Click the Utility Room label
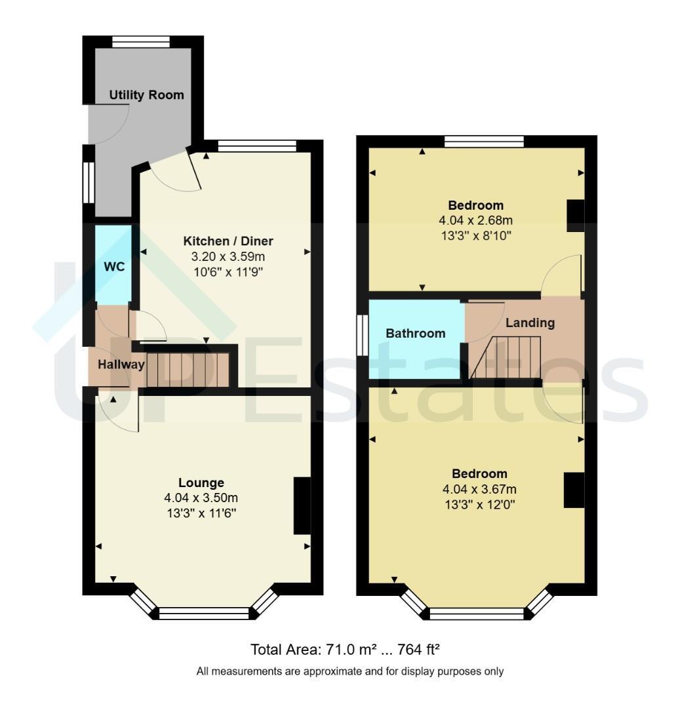[147, 95]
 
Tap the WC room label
[114, 267]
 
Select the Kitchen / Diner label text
[228, 241]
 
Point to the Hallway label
[121, 364]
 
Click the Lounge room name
[201, 482]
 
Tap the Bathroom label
[416, 333]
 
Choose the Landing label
[530, 323]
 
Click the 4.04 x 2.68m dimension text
[475, 220]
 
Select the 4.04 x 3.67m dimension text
[479, 489]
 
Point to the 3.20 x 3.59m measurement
[228, 257]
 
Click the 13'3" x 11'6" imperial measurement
[201, 513]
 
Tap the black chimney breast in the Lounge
[302, 505]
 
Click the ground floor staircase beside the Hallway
[188, 369]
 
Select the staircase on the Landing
[506, 357]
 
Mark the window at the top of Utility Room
[142, 42]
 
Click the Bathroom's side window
[362, 334]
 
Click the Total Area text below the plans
[345, 650]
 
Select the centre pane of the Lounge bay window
[204, 614]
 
